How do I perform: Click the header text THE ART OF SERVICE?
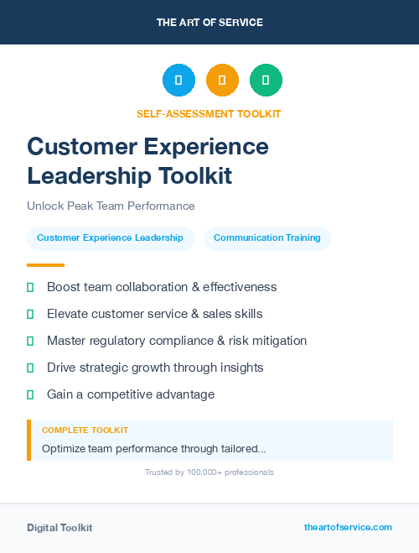[209, 23]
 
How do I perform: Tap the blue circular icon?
[178, 81]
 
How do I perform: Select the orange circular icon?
[222, 81]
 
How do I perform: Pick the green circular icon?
[266, 81]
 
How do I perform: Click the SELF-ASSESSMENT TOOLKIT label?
[209, 113]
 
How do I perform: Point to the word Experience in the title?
[204, 146]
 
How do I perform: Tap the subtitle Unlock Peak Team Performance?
[111, 206]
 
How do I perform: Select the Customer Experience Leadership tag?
[110, 238]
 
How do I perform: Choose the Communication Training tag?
[267, 238]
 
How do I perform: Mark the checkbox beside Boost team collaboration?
[30, 287]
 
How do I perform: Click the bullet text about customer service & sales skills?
[154, 314]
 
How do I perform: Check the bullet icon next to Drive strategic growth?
[30, 368]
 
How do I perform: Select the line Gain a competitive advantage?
[131, 394]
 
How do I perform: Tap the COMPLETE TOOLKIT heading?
[80, 430]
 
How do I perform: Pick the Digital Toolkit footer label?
[59, 528]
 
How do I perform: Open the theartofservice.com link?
[348, 527]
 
